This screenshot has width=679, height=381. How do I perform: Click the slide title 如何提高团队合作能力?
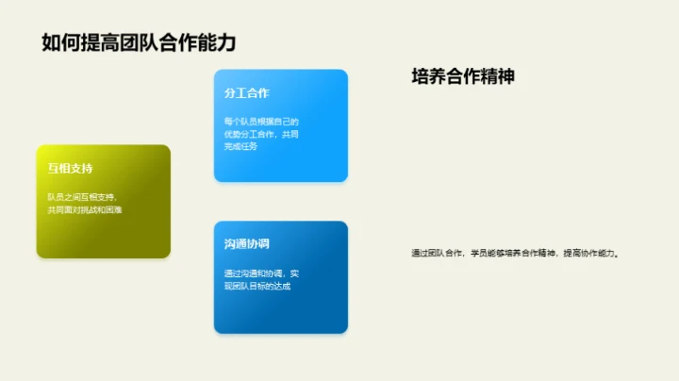pos(138,42)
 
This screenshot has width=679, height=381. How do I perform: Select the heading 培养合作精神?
pos(463,77)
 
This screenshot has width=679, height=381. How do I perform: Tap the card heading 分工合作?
pos(247,93)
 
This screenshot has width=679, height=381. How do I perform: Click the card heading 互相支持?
pos(71,169)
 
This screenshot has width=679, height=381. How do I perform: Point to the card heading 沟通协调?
pos(247,244)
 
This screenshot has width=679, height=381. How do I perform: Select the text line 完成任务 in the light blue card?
pos(240,146)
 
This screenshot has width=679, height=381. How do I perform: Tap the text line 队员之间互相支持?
pos(82,197)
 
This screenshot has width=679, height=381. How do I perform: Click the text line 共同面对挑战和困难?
pos(86,209)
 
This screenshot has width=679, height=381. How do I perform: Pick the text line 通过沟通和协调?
pos(260,273)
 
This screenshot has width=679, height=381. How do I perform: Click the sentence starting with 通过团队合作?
pos(515,253)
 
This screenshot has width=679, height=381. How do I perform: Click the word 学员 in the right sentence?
pos(478,253)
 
